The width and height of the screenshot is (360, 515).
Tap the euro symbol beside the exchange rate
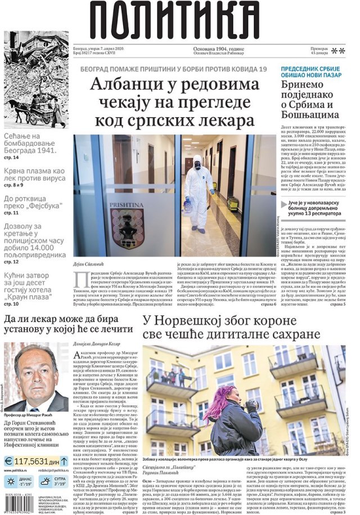click(10, 460)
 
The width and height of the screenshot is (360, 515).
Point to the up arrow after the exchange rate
click(66, 460)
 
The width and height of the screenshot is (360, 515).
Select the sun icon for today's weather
click(10, 481)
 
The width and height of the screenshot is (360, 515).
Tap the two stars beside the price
click(337, 51)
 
